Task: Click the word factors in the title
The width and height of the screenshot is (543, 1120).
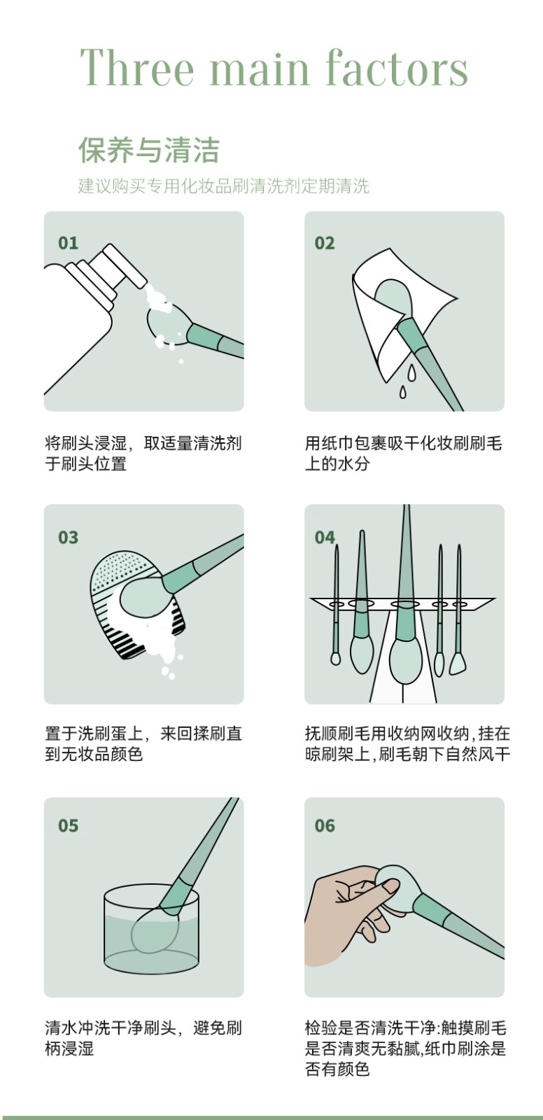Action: point(397,67)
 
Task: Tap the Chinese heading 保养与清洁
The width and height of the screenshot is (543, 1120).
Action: point(149,150)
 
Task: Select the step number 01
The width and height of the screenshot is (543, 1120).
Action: point(68,243)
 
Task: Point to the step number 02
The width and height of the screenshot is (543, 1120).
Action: point(325,243)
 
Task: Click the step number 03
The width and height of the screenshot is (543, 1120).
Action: point(68,538)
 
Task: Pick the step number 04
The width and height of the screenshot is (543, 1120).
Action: point(325,538)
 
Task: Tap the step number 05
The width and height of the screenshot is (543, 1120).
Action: point(68,825)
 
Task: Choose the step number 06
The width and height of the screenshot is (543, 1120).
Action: point(325,825)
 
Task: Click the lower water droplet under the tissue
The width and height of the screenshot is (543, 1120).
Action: point(402,392)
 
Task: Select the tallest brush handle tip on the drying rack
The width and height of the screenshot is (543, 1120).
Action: point(407,507)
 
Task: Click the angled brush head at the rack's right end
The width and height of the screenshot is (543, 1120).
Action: point(458,663)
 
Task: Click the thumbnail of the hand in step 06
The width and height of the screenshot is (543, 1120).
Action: point(390,887)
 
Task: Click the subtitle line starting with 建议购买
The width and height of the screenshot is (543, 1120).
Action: point(223,186)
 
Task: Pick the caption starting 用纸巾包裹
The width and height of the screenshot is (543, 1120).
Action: point(404,453)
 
